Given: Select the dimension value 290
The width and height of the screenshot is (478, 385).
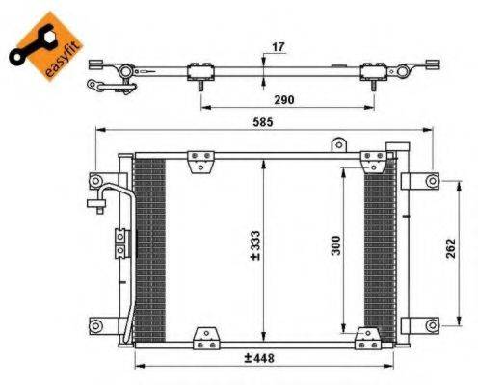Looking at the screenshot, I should click(281, 99).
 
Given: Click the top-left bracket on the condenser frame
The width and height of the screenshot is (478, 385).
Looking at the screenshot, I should click(199, 157).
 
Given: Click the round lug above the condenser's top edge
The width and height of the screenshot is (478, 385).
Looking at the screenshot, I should click(337, 144).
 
